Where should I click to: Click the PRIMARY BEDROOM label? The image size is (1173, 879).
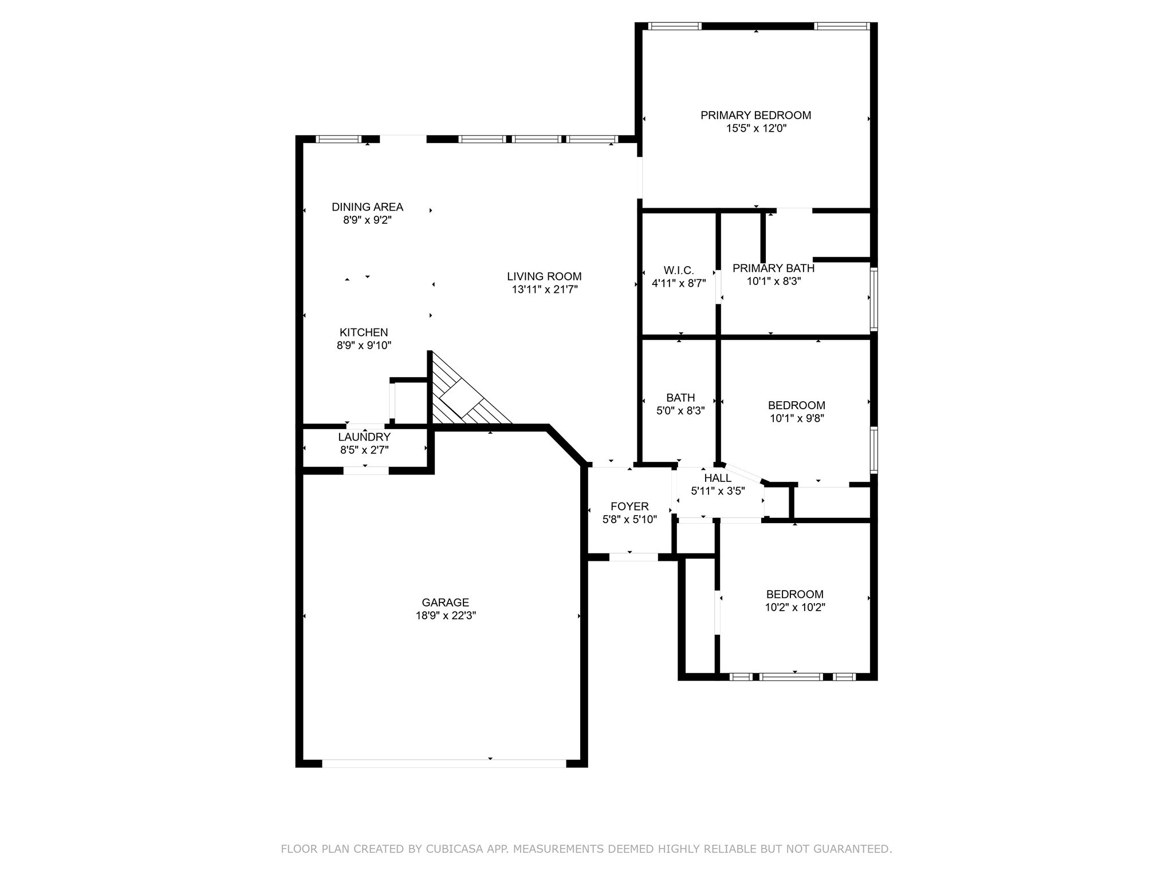755,115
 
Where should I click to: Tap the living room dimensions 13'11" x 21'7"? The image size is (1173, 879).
544,290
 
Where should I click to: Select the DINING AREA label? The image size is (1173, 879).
367,207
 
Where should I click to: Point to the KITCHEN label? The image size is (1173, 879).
364,332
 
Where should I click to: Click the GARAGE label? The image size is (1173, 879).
445,602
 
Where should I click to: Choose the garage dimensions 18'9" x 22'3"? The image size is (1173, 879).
445,616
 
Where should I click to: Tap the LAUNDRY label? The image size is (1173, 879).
364,437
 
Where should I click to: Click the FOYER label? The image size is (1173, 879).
629,506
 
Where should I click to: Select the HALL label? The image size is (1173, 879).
717,478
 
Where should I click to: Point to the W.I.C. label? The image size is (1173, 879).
679,270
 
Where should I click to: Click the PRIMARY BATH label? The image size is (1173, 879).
773,268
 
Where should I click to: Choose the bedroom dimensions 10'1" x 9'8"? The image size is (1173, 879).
797,418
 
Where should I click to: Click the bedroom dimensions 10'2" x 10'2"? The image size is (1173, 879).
794,608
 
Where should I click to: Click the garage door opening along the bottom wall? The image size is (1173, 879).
444,763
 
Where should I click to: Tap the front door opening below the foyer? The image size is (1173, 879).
633,557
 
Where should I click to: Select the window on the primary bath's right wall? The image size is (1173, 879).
873,299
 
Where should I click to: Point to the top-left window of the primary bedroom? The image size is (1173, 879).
674,26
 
